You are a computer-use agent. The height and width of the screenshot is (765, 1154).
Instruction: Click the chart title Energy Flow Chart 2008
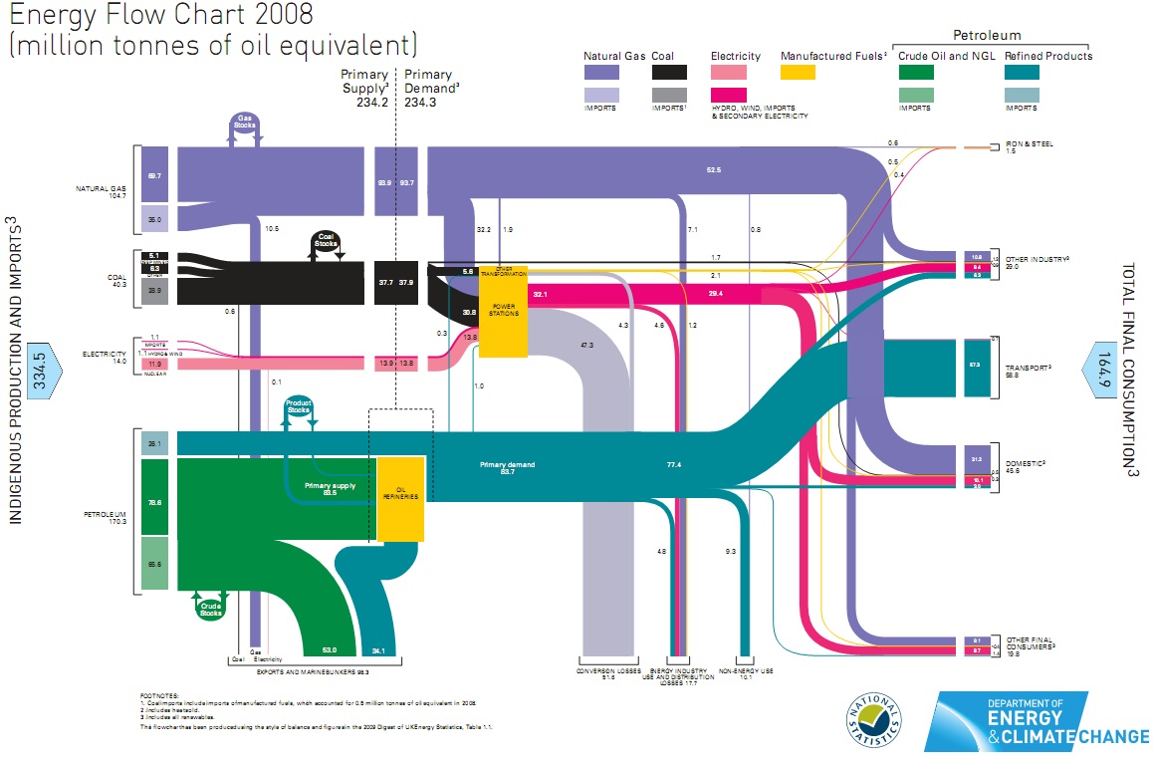[x=160, y=16]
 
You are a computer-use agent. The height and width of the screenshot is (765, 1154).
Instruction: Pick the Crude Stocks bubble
[x=210, y=608]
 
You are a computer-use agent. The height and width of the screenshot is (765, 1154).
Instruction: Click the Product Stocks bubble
[x=299, y=407]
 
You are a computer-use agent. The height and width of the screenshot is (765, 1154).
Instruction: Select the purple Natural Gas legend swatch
[x=601, y=72]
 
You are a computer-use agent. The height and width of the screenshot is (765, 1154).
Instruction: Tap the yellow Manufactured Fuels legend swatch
[x=798, y=72]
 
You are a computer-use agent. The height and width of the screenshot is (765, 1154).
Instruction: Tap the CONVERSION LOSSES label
[x=608, y=671]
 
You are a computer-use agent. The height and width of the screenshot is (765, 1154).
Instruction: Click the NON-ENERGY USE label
[x=746, y=671]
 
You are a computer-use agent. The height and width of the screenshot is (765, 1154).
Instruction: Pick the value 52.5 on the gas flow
[x=713, y=170]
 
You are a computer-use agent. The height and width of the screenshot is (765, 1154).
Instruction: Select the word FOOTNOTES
[x=159, y=696]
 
